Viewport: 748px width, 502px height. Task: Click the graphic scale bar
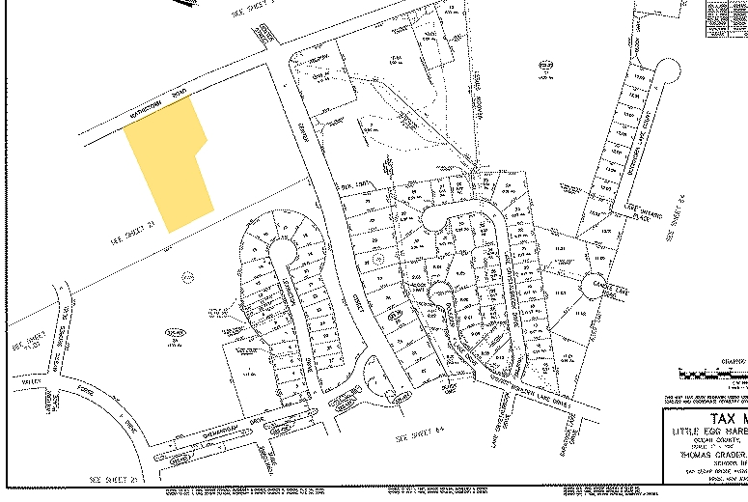(714, 372)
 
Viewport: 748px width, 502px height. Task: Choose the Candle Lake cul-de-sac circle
(592, 286)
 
